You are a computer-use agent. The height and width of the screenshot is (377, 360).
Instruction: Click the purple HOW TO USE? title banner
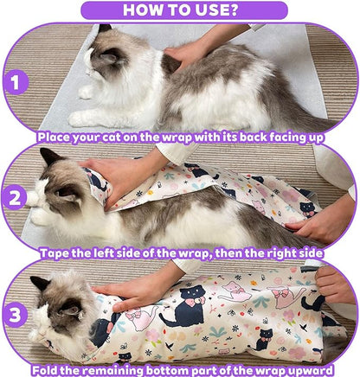(179, 10)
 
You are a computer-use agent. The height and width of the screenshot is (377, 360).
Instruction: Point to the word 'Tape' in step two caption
(56, 253)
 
